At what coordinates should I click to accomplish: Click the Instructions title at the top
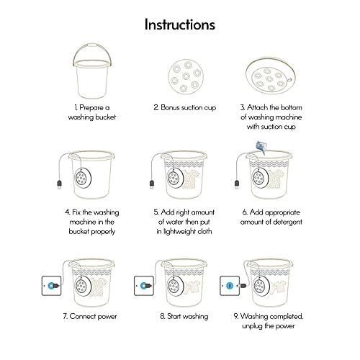click(x=179, y=24)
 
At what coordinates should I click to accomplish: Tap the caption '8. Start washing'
click(x=179, y=316)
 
